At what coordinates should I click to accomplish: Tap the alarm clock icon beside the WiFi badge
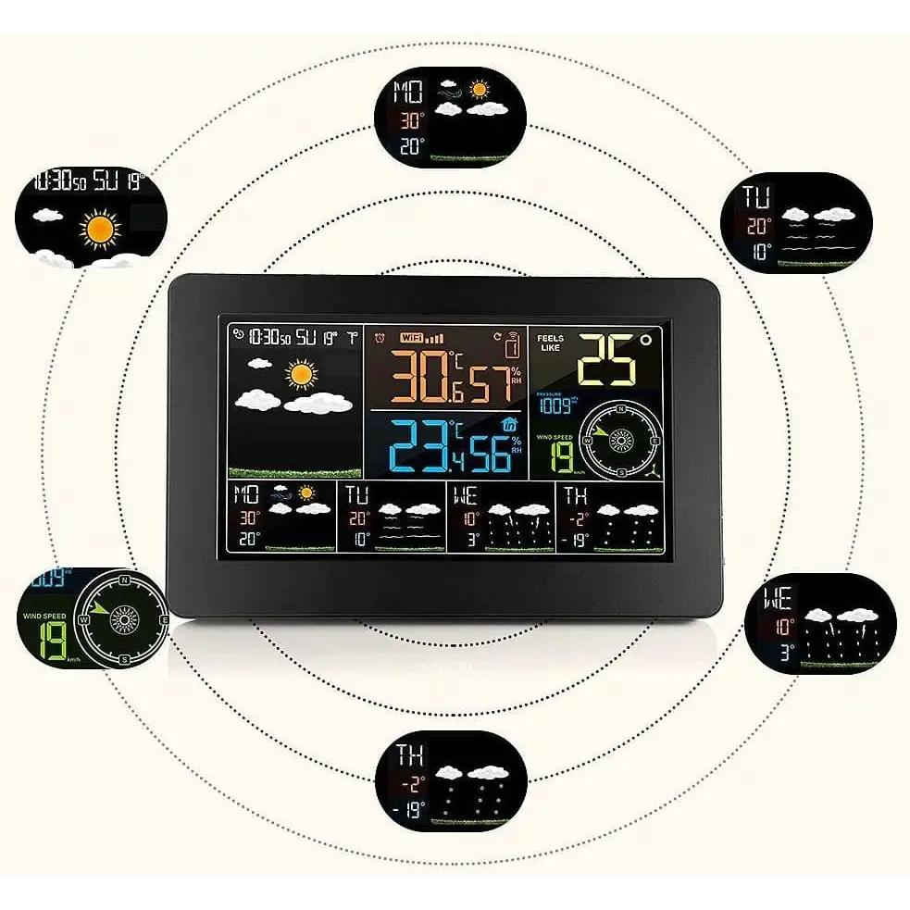click(378, 338)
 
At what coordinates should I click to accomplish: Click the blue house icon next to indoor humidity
click(507, 423)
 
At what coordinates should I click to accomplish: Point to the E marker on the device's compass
click(654, 442)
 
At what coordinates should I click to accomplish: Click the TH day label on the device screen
click(575, 495)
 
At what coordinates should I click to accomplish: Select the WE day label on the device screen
click(466, 495)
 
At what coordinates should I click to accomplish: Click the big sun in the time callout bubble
click(100, 228)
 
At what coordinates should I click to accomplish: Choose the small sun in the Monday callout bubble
click(478, 90)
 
